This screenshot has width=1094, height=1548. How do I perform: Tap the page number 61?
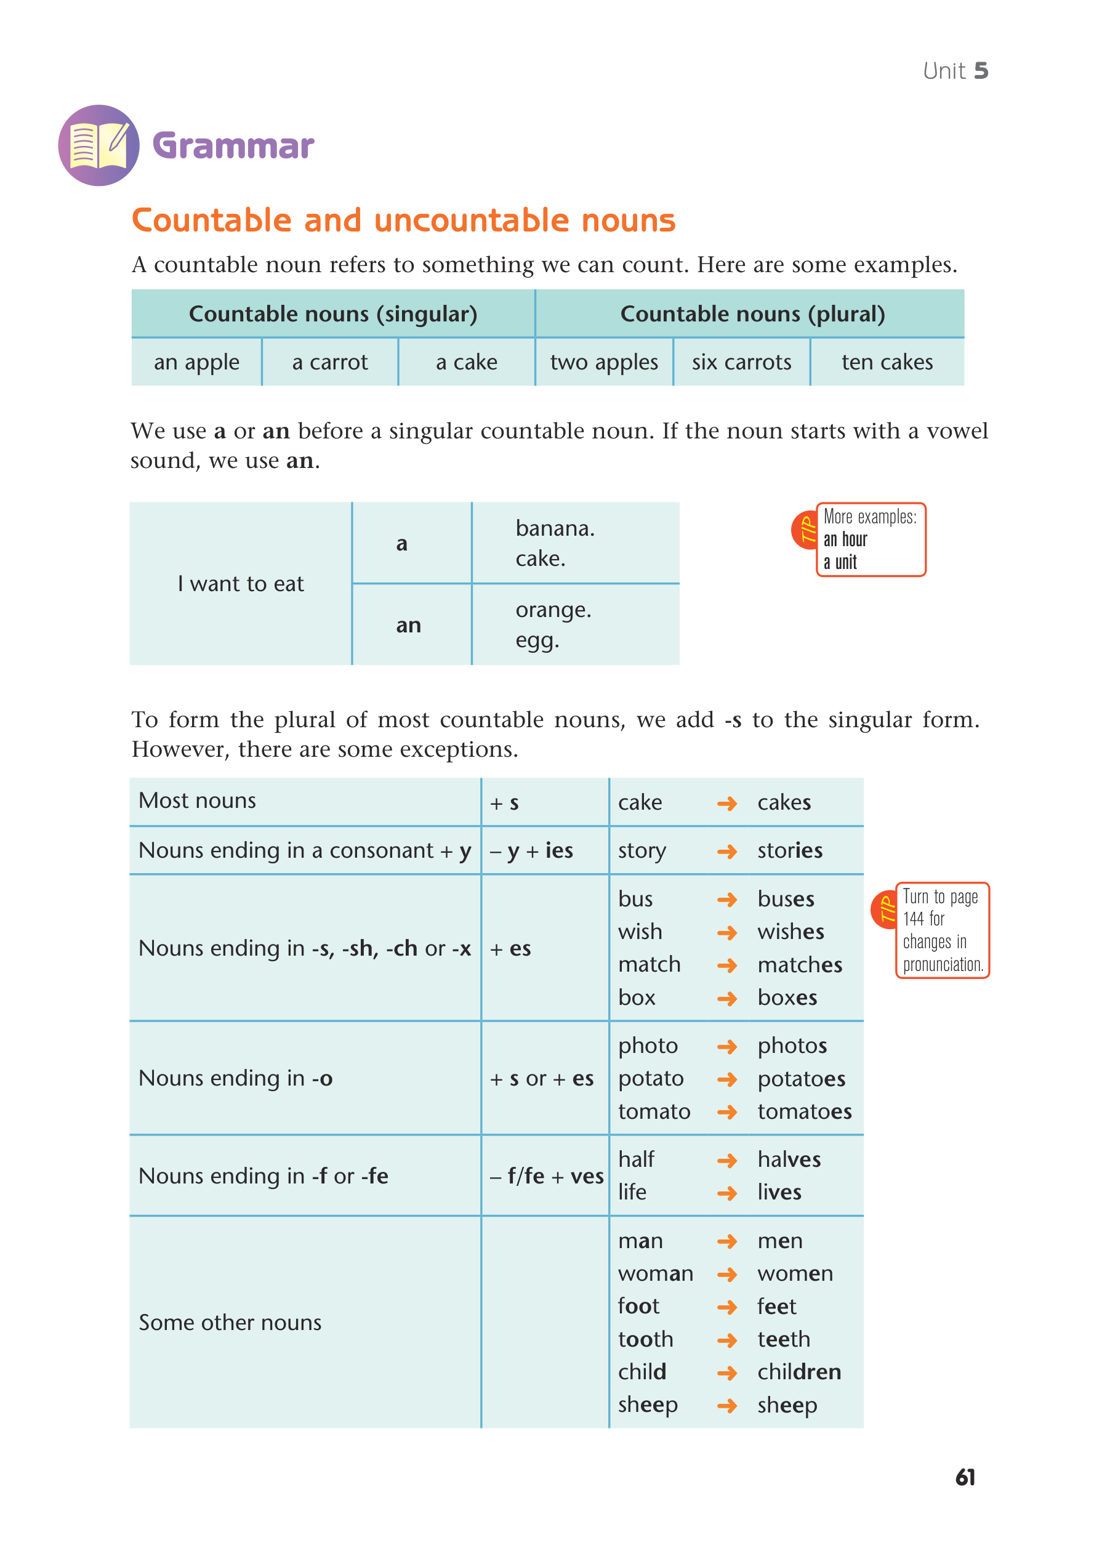(965, 1477)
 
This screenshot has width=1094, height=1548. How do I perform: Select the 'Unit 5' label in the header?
(954, 71)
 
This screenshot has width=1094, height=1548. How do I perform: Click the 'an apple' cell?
(196, 363)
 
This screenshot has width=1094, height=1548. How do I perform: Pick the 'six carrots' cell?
(741, 363)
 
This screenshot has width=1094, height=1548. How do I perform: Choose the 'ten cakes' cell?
(887, 363)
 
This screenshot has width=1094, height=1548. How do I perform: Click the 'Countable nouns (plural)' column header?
(752, 314)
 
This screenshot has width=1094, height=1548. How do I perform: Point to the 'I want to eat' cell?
(241, 584)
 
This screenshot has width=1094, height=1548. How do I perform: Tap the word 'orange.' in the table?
(553, 610)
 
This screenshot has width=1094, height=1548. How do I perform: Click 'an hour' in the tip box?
(845, 539)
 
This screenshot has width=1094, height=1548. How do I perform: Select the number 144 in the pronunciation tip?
(914, 919)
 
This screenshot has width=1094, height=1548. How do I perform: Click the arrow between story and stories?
(726, 852)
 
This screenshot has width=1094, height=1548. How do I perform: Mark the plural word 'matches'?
(800, 965)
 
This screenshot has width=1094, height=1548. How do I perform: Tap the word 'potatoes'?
(801, 1079)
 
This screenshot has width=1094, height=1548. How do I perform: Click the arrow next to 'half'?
(726, 1160)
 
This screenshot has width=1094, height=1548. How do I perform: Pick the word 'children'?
(798, 1372)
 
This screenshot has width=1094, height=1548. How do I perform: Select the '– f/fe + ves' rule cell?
(546, 1177)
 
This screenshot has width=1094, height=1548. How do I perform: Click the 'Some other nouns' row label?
(230, 1323)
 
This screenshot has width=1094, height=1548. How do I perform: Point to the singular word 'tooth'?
(645, 1339)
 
